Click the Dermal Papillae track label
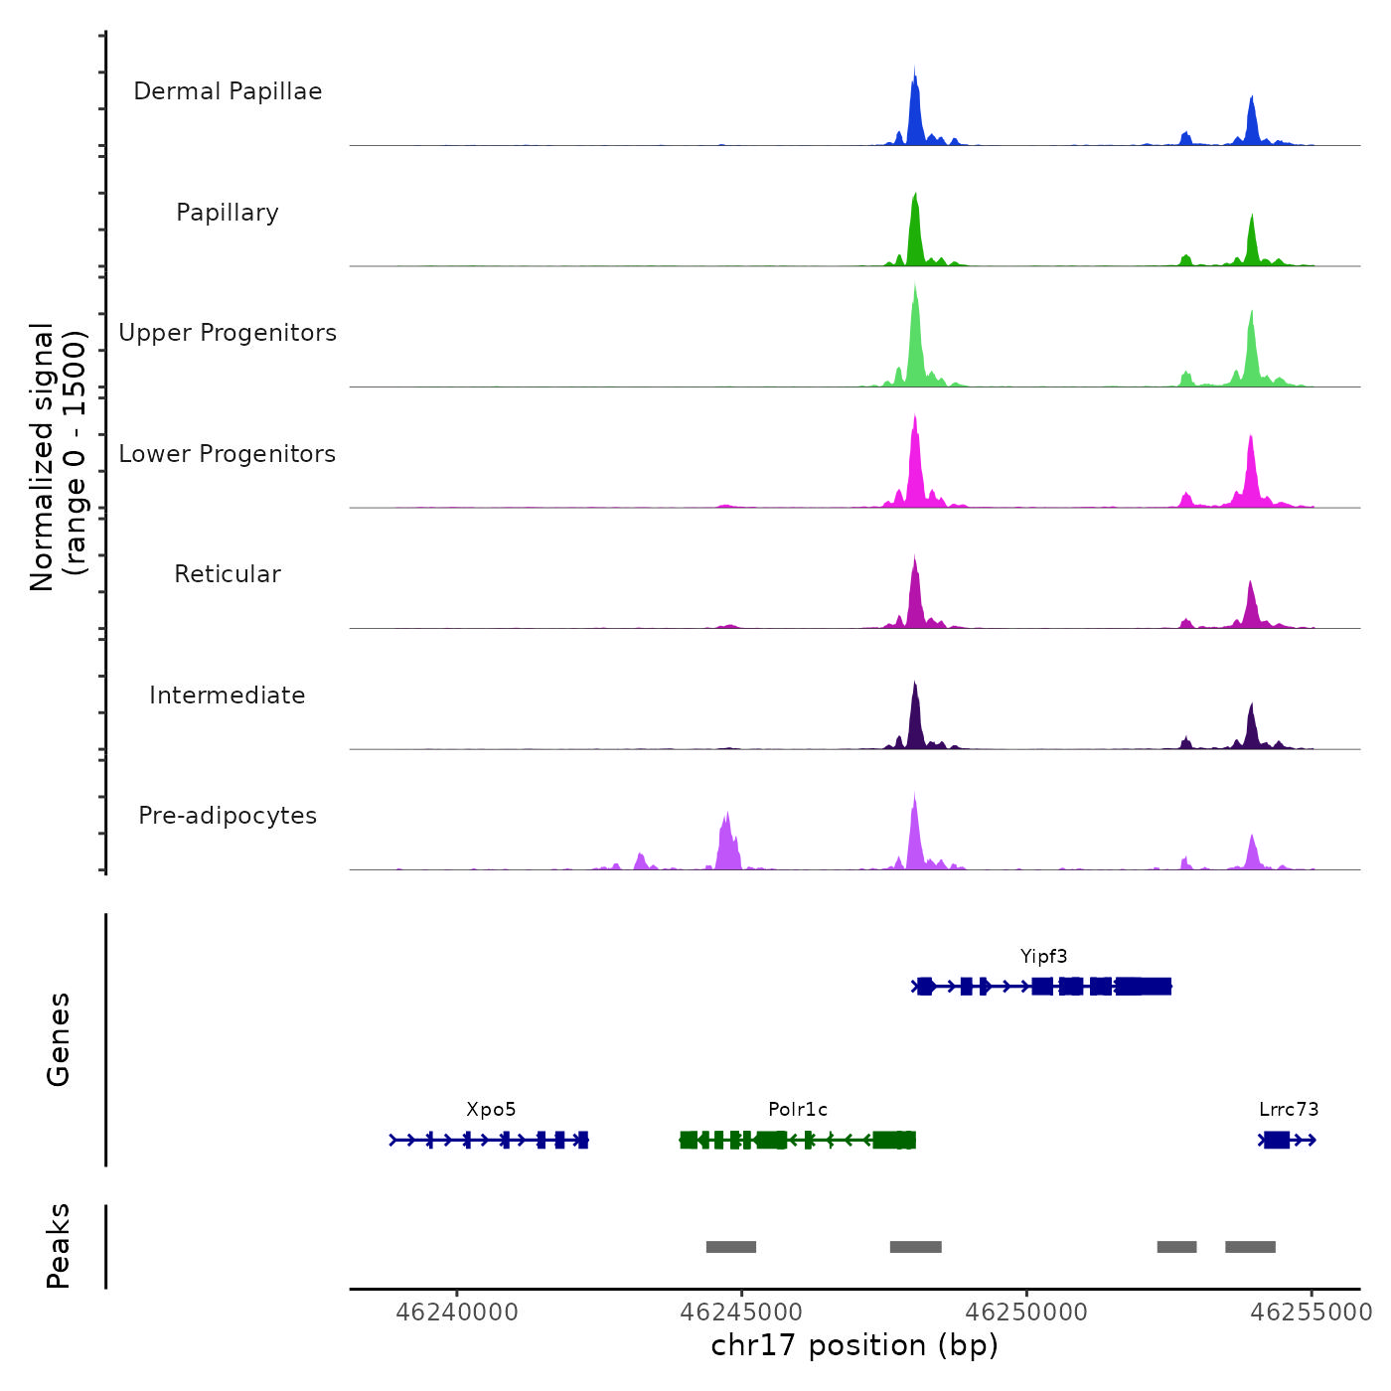(228, 91)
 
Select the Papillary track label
(228, 213)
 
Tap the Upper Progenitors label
(228, 333)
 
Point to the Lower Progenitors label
(228, 454)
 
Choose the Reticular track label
(228, 574)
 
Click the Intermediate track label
(228, 695)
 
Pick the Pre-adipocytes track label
(228, 816)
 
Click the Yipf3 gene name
(1043, 957)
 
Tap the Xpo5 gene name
(491, 1110)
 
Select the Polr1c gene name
(797, 1110)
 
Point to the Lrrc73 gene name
(1289, 1110)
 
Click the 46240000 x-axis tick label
(457, 1313)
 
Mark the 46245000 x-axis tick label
(741, 1313)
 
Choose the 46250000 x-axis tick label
(1026, 1313)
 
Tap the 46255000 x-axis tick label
(1311, 1313)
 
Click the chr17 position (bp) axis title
(854, 1346)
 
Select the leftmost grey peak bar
(731, 1247)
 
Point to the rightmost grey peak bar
(1250, 1247)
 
